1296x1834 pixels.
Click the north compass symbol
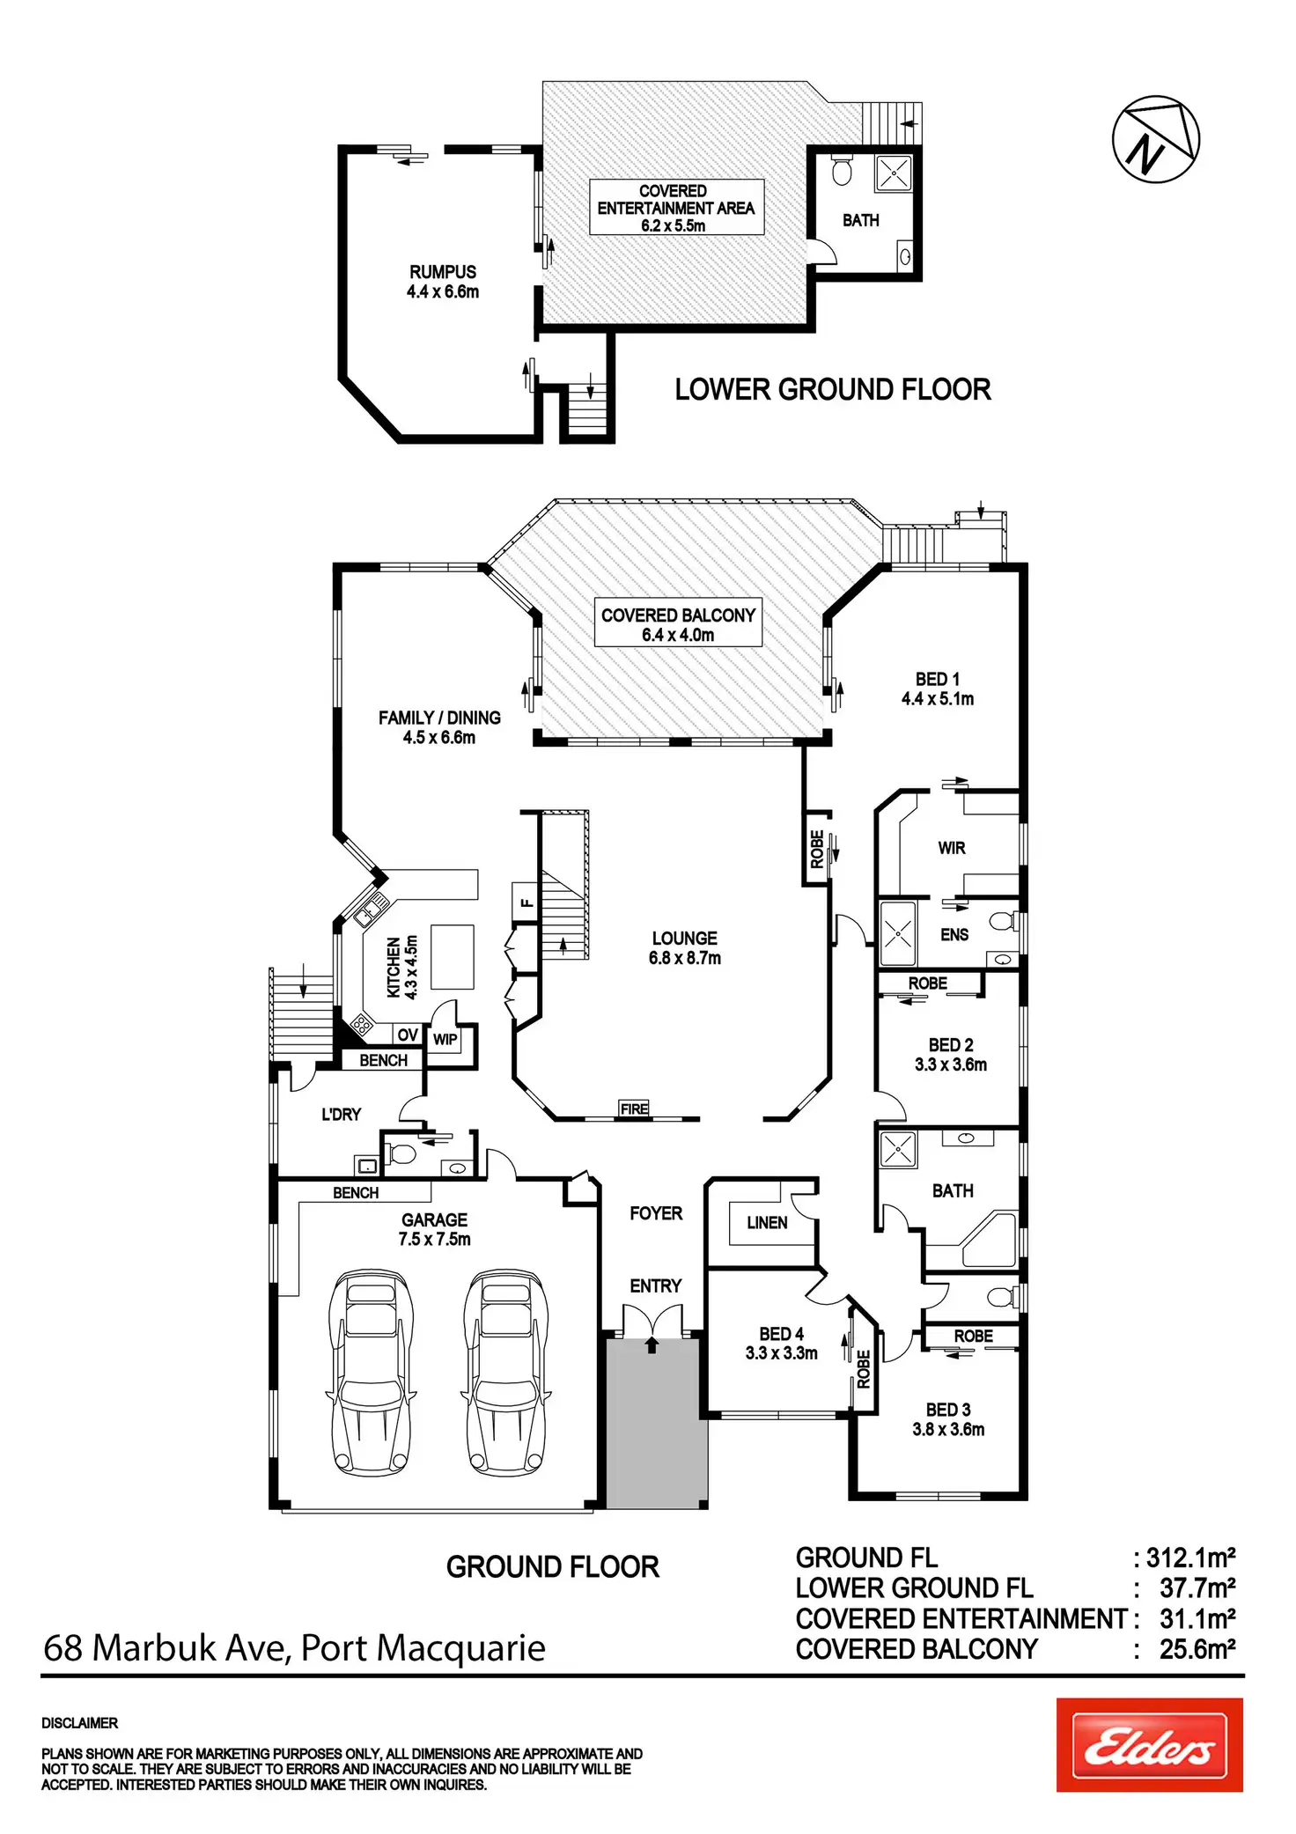pyautogui.click(x=1155, y=139)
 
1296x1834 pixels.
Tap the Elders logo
pyautogui.click(x=1149, y=1745)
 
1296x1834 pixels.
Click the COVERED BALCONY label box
pyautogui.click(x=678, y=623)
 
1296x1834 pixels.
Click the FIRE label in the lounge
pyautogui.click(x=634, y=1109)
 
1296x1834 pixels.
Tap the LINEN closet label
pyautogui.click(x=767, y=1223)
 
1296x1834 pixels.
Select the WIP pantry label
pyautogui.click(x=445, y=1040)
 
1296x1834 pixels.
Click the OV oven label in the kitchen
pyautogui.click(x=408, y=1035)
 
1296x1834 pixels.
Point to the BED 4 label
pyautogui.click(x=782, y=1334)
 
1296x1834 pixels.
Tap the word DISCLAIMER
pyautogui.click(x=80, y=1723)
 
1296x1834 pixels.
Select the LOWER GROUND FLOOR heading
pyautogui.click(x=833, y=389)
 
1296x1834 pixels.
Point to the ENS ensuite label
pyautogui.click(x=954, y=935)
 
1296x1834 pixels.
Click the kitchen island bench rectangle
pyautogui.click(x=452, y=957)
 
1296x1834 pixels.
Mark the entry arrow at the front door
pyautogui.click(x=652, y=1344)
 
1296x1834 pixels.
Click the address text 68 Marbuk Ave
pyautogui.click(x=167, y=1648)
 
